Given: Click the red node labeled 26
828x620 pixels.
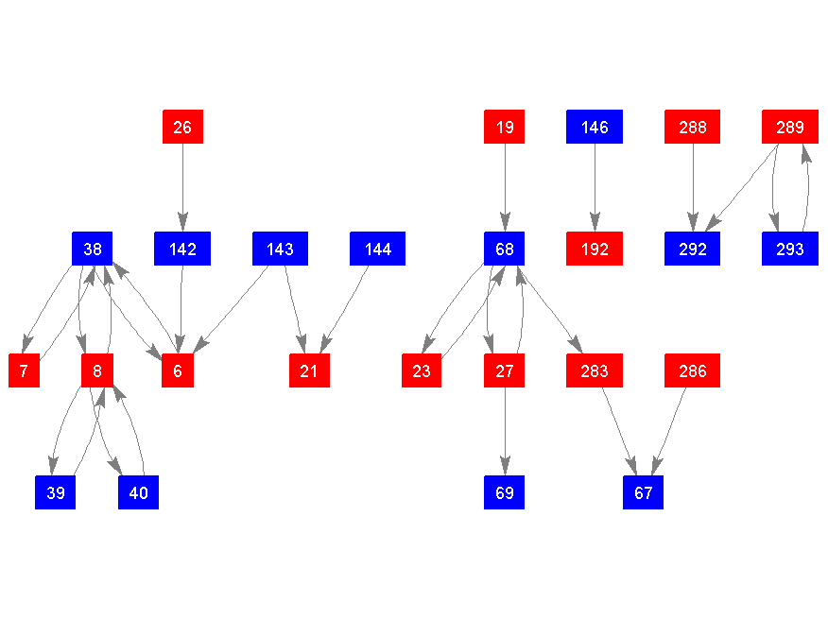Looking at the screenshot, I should [182, 127].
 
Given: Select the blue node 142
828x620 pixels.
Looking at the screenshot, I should [182, 249].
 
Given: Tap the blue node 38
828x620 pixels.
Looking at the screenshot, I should [93, 249].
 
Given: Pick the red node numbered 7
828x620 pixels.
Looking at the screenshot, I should [24, 370].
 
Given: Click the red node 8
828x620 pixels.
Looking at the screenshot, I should [97, 370].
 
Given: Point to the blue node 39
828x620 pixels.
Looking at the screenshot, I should [56, 492].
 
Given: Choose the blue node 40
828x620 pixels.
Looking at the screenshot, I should [138, 492].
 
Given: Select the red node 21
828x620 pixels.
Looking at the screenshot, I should [309, 370].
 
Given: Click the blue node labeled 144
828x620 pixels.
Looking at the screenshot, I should [377, 249].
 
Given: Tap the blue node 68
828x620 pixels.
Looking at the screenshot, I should [505, 249].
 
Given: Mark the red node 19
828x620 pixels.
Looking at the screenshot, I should [505, 127].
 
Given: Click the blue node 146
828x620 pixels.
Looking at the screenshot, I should [595, 127].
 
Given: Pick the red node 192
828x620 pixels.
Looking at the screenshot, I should [595, 249].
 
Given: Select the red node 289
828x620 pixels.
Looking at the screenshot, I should [790, 127].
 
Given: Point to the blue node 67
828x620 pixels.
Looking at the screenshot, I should [643, 492].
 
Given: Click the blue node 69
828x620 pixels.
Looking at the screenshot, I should [505, 492].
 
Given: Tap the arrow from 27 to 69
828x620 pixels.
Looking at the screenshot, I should [505, 431].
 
